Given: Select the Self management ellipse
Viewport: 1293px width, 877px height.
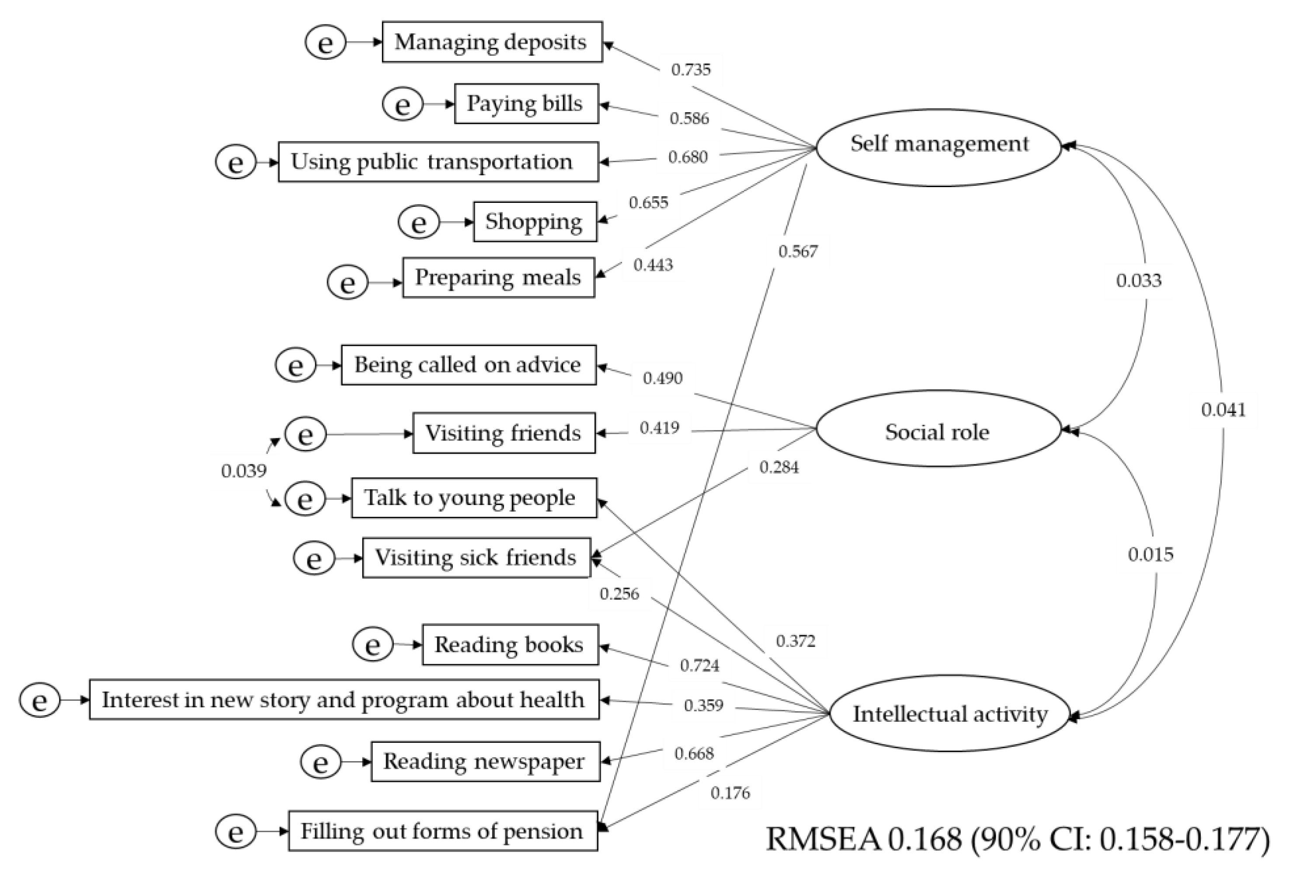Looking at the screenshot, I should click(938, 147).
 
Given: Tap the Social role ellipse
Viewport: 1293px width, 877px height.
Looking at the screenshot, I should click(938, 428).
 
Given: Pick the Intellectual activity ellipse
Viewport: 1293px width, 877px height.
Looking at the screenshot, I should click(950, 713).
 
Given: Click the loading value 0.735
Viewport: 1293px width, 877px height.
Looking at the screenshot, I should click(691, 70).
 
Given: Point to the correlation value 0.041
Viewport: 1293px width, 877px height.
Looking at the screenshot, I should click(1223, 410).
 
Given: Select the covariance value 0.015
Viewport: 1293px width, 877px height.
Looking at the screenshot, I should click(1150, 554).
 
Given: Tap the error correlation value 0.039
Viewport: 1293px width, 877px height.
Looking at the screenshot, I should click(243, 471).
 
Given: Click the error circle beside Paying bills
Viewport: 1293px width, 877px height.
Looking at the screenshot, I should click(402, 104).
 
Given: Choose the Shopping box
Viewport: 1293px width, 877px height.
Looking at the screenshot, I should click(535, 222).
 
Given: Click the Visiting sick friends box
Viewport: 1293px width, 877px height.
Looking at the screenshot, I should click(476, 557).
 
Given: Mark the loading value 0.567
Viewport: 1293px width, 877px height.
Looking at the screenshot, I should click(797, 251).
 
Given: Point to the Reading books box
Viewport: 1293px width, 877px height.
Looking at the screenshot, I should click(510, 644).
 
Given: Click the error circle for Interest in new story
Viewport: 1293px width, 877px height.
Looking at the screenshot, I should click(39, 700).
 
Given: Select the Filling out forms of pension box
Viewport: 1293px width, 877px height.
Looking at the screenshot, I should click(443, 831).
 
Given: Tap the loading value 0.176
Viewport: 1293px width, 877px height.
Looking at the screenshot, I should click(730, 793).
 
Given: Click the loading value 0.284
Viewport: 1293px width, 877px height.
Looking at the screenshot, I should click(779, 467).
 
